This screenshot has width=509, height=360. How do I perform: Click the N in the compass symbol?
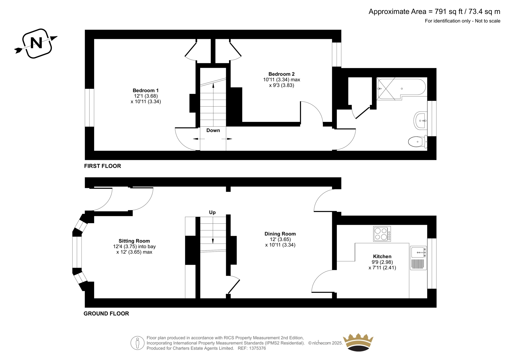coord(36,43)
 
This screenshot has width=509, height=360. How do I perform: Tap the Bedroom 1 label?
coord(146,90)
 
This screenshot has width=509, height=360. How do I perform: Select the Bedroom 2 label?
coord(281,74)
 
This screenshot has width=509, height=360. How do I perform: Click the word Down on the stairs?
coord(213,130)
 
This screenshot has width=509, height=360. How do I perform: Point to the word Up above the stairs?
coord(212,212)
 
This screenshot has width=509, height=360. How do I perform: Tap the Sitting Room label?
coord(134,241)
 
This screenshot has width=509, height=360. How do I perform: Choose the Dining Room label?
coord(280,234)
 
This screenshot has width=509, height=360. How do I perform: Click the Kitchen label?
coord(382,256)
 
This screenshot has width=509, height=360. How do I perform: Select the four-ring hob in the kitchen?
coord(382,234)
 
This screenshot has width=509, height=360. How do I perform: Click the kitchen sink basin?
coord(418,252)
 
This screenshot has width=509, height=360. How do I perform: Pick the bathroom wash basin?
coord(421,121)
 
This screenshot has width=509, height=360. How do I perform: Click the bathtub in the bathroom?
coord(401,89)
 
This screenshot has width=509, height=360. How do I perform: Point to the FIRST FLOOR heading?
coord(102,166)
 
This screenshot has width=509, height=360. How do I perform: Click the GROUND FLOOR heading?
coord(106,314)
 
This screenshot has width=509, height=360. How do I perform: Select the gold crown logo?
coord(358,342)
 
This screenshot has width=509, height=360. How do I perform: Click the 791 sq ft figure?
coord(449,11)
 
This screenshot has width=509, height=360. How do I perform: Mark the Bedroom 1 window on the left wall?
coord(89,108)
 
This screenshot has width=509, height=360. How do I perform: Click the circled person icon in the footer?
coord(137,343)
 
